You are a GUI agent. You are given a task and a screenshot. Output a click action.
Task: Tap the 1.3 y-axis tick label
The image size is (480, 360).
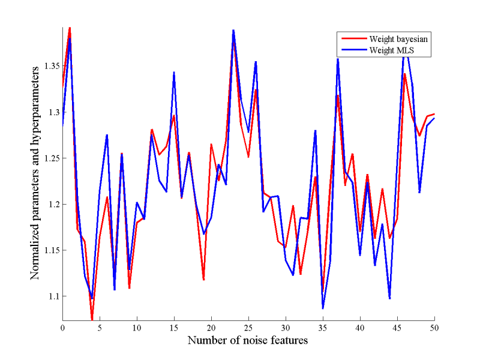click(x=53, y=112)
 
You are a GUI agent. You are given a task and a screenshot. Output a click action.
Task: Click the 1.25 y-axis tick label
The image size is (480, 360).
click(x=50, y=158)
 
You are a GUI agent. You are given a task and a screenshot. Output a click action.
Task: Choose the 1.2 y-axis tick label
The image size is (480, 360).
click(x=53, y=204)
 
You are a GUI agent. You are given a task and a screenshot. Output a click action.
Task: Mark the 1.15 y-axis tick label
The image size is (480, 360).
click(x=50, y=250)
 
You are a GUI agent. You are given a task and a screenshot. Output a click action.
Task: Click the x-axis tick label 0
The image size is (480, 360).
click(x=62, y=328)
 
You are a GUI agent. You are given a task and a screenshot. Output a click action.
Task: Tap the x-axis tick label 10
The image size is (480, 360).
click(x=137, y=328)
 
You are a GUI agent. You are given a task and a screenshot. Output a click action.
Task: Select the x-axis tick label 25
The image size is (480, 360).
click(x=248, y=328)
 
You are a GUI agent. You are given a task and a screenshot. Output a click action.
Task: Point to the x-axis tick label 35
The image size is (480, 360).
click(x=323, y=328)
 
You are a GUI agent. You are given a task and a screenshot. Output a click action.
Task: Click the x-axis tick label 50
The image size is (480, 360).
click(x=434, y=328)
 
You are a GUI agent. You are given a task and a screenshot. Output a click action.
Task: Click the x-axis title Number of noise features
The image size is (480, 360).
click(x=248, y=341)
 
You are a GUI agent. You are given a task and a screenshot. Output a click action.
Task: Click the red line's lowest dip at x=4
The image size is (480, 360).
click(x=92, y=319)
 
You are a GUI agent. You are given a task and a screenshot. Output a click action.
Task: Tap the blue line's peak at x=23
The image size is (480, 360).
click(x=233, y=30)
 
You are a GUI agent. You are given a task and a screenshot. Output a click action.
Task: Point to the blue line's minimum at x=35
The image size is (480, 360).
click(x=323, y=308)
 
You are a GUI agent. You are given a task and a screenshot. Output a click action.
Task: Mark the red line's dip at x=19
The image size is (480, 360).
click(x=204, y=280)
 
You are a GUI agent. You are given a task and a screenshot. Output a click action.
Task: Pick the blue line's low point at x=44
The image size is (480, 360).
click(x=389, y=298)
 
